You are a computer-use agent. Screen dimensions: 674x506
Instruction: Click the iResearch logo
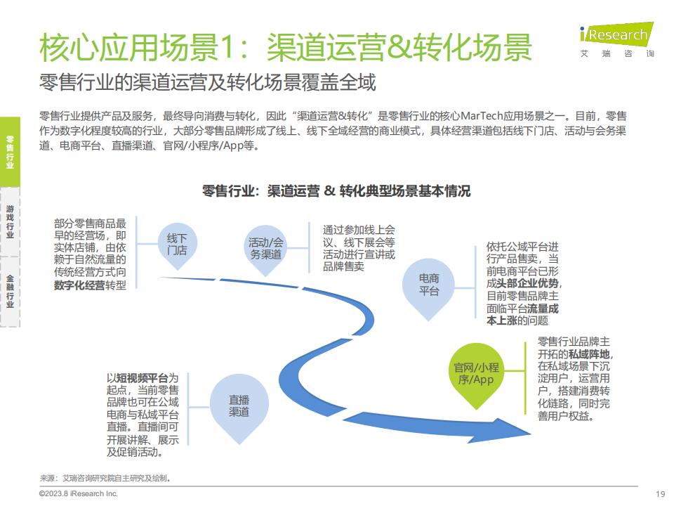coord(617,39)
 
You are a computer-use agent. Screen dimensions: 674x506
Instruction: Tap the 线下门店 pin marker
coord(177,246)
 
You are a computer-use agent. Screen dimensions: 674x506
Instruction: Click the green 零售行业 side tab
coord(10,152)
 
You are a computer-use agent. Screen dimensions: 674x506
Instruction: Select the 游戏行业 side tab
coord(10,222)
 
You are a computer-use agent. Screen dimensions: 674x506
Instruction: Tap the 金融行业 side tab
coord(10,292)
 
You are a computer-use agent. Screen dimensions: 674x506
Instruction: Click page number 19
coord(661,494)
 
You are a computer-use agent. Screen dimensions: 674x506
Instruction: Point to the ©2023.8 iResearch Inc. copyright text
coord(78,493)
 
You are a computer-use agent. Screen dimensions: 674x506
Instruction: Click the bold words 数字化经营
coord(79,285)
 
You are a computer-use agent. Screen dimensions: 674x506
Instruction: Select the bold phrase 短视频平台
coord(143,378)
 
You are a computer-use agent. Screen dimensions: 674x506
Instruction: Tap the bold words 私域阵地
coord(589,354)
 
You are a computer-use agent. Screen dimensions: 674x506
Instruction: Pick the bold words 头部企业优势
coord(528,283)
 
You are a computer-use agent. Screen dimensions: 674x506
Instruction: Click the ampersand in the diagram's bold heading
coord(330,190)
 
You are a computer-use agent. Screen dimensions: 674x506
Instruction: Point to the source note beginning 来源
coord(106,478)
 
